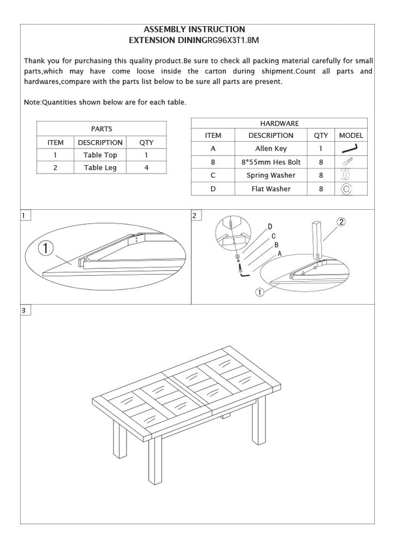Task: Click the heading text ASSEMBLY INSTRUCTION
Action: pos(194,29)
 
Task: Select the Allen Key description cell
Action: pos(270,149)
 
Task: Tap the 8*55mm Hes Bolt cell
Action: pos(270,162)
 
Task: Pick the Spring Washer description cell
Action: pos(270,176)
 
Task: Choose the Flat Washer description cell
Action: pos(270,189)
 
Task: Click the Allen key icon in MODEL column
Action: pos(350,149)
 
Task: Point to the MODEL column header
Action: pos(351,136)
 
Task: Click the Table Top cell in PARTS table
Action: pos(101,155)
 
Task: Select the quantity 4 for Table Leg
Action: pos(146,167)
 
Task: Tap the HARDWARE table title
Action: pos(279,123)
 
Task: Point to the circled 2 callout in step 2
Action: pos(341,221)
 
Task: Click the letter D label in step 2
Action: pos(270,227)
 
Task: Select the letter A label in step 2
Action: pos(279,253)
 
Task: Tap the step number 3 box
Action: pos(25,310)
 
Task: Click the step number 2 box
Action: pos(194,215)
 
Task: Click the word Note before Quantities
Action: pos(32,103)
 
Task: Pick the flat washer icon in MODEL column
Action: pos(346,189)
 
